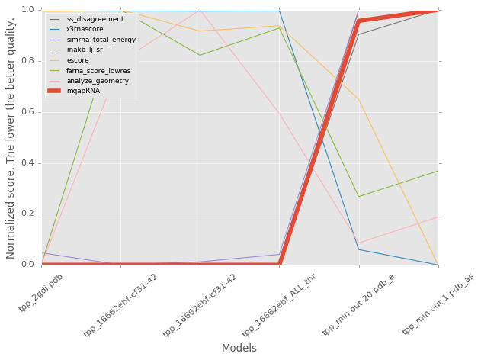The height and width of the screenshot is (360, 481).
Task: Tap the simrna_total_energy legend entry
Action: [101, 40]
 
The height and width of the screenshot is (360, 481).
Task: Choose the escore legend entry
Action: [79, 60]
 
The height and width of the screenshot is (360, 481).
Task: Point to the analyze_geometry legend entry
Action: [98, 80]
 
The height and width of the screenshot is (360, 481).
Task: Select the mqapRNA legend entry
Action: [83, 91]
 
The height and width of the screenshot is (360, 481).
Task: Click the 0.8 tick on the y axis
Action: [29, 61]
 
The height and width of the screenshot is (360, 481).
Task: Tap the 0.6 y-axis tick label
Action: [29, 112]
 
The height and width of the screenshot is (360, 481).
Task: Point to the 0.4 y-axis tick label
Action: [29, 163]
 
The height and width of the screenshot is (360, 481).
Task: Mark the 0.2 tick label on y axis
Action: [29, 214]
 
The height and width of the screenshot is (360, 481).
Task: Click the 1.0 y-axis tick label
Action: [29, 10]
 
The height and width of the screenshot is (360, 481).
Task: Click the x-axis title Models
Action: [239, 349]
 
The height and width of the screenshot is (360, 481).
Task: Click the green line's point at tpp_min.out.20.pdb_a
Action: [359, 197]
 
